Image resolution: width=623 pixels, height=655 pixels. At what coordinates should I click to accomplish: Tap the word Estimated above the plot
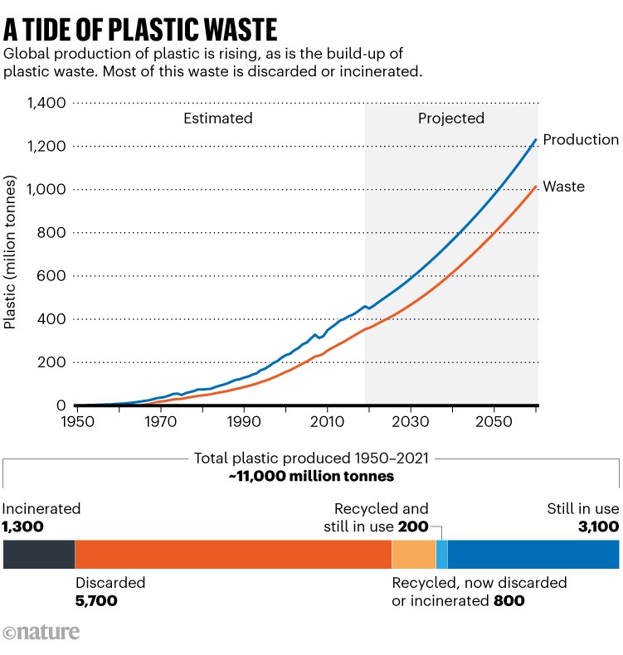(217, 119)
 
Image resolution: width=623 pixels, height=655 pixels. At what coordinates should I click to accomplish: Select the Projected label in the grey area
(450, 119)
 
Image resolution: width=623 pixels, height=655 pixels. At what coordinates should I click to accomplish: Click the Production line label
(581, 140)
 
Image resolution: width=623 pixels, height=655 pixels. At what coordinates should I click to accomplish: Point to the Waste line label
(563, 187)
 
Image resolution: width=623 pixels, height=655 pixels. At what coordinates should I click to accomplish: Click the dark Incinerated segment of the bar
(39, 554)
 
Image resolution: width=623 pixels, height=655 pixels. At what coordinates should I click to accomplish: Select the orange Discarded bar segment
(233, 554)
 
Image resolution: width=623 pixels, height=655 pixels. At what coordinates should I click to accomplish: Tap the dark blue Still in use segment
(533, 554)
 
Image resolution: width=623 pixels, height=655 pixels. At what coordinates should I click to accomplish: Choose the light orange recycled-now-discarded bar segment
(414, 554)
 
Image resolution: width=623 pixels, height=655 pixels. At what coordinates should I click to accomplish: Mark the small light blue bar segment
(441, 554)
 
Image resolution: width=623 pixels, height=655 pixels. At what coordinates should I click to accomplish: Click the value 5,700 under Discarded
(96, 600)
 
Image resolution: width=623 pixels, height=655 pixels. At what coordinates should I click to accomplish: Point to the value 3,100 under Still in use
(597, 526)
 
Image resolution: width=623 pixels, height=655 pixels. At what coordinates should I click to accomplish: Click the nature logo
(41, 633)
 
